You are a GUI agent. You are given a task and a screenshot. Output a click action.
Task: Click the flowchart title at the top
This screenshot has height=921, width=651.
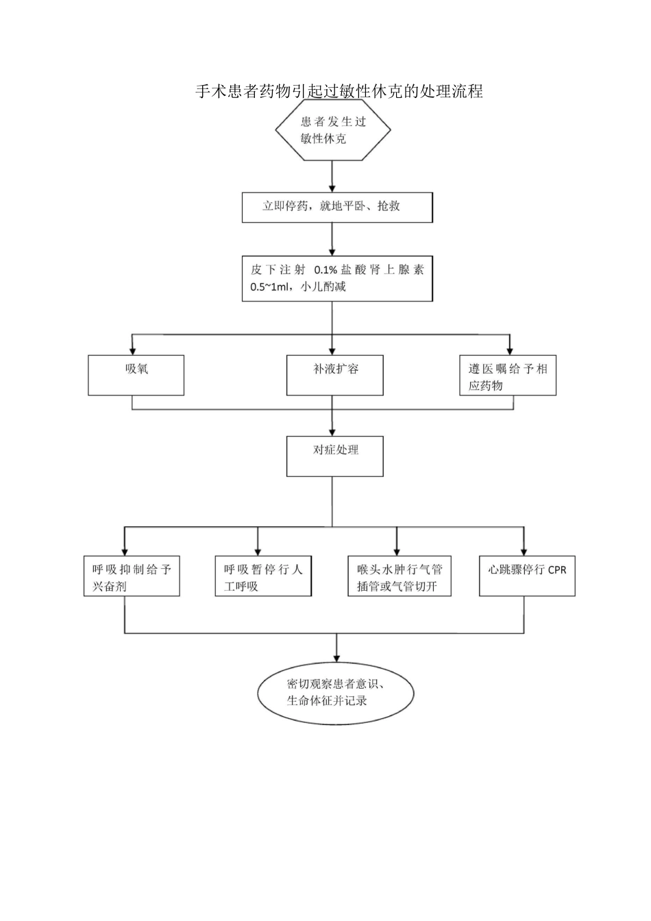click(x=339, y=91)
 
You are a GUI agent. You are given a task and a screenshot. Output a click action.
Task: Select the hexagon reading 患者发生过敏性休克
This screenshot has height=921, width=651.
click(x=333, y=130)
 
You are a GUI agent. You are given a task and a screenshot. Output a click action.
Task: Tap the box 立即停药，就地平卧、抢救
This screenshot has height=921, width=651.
click(x=337, y=207)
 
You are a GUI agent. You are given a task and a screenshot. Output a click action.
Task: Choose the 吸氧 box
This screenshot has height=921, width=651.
click(x=136, y=375)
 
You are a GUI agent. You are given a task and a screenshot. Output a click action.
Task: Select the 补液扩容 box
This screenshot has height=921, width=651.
click(x=334, y=375)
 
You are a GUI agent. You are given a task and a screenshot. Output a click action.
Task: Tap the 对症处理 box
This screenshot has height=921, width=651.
click(x=334, y=456)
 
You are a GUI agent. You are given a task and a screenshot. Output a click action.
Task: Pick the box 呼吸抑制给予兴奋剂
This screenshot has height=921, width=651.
click(x=132, y=576)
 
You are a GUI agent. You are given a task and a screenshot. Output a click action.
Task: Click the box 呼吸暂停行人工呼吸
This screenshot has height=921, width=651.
click(x=263, y=576)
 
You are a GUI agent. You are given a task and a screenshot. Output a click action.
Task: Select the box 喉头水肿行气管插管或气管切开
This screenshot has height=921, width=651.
click(x=400, y=576)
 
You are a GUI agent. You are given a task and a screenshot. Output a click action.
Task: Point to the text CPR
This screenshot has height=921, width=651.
click(x=557, y=570)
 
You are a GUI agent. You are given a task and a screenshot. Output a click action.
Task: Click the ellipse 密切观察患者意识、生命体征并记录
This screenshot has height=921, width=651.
click(x=336, y=692)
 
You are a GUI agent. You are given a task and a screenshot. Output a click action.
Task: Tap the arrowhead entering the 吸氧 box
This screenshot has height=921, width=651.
click(x=132, y=349)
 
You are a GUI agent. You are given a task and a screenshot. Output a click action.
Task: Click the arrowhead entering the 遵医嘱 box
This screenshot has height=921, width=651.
click(x=509, y=349)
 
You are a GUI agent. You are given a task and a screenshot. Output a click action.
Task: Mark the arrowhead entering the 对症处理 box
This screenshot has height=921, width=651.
click(x=332, y=432)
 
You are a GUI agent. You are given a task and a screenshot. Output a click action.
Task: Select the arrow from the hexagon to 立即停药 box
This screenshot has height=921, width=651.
click(x=332, y=176)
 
